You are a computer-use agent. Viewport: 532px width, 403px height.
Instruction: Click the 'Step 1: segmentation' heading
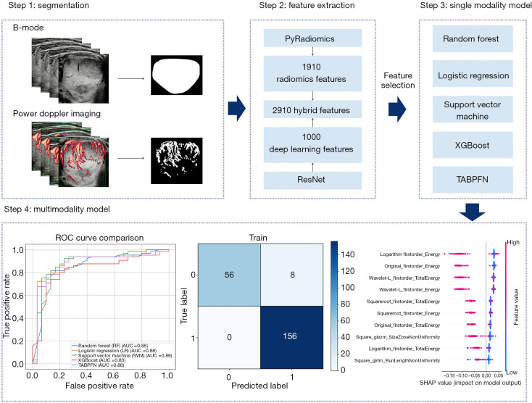tap(49, 7)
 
